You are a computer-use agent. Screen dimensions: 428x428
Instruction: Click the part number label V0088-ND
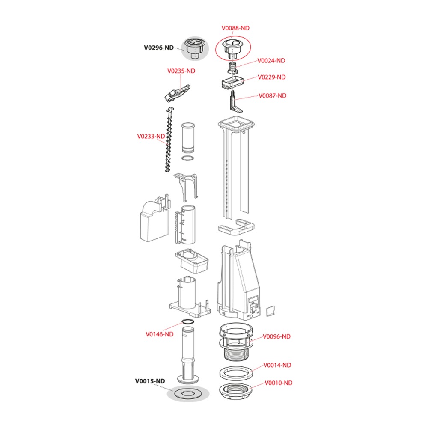pyautogui.click(x=235, y=28)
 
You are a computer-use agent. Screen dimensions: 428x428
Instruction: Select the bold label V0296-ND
pyautogui.click(x=159, y=48)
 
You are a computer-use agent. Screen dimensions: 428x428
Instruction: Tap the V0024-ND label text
pyautogui.click(x=271, y=61)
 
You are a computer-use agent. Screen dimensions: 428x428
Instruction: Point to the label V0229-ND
pyautogui.click(x=272, y=77)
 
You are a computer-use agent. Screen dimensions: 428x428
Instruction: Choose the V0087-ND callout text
pyautogui.click(x=272, y=95)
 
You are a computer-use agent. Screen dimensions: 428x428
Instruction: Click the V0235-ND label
pyautogui.click(x=181, y=71)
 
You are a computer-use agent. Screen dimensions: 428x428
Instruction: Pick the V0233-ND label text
pyautogui.click(x=151, y=136)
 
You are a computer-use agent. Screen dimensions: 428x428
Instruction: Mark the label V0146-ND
pyautogui.click(x=159, y=334)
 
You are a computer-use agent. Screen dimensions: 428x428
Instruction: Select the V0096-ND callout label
pyautogui.click(x=276, y=336)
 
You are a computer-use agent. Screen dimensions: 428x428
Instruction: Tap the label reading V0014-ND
pyautogui.click(x=277, y=365)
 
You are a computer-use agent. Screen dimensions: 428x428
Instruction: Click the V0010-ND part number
pyautogui.click(x=279, y=383)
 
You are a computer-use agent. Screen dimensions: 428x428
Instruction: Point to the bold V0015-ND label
pyautogui.click(x=150, y=381)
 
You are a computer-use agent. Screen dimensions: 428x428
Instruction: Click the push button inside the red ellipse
pyautogui.click(x=232, y=48)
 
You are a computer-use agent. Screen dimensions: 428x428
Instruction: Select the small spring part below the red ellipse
pyautogui.click(x=232, y=68)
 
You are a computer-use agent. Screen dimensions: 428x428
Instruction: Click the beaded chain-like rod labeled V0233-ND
pyautogui.click(x=169, y=139)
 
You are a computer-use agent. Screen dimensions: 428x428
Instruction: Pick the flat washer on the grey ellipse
pyautogui.click(x=188, y=394)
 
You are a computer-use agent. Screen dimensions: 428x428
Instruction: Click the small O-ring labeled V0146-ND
pyautogui.click(x=188, y=321)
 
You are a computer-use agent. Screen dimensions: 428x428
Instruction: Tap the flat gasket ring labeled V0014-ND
pyautogui.click(x=235, y=373)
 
